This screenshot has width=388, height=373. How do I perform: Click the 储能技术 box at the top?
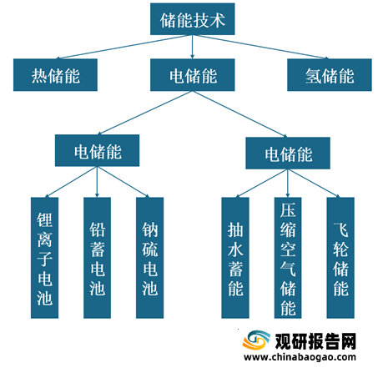click(x=193, y=19)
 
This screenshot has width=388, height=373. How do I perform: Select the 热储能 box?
click(x=55, y=75)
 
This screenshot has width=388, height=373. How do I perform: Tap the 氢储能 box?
click(x=330, y=75)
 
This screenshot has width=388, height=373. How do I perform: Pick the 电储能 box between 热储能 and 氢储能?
click(x=193, y=75)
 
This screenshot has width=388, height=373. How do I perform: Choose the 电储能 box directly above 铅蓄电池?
click(x=97, y=150)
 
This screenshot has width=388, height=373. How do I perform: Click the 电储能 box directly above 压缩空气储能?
click(x=288, y=153)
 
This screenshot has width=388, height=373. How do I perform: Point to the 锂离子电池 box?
click(x=44, y=258)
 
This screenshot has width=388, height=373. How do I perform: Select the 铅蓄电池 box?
click(x=97, y=258)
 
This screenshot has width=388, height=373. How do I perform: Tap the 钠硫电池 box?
click(x=149, y=258)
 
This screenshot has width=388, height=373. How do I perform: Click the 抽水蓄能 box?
click(x=235, y=258)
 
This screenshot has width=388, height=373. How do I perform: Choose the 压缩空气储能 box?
click(x=288, y=258)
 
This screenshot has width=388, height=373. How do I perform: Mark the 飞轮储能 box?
click(x=340, y=258)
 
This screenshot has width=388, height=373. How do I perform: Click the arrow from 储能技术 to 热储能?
click(x=124, y=47)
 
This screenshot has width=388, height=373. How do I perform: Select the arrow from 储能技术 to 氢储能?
click(x=261, y=47)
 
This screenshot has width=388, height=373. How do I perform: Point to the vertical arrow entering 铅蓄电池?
click(x=97, y=182)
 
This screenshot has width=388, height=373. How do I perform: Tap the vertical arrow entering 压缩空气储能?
click(x=288, y=183)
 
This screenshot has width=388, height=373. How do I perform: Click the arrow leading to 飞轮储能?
click(x=314, y=183)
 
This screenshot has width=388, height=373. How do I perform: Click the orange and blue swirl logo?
click(x=256, y=340)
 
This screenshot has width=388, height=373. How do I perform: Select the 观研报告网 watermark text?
click(x=315, y=341)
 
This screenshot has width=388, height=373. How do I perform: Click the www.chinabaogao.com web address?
click(x=300, y=357)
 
